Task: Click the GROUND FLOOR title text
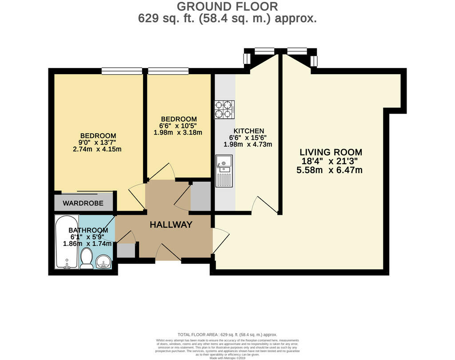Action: tap(227, 7)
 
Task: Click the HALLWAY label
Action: tap(171, 225)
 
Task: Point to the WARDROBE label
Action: tap(83, 203)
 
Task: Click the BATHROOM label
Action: tap(88, 230)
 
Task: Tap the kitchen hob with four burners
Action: tap(224, 110)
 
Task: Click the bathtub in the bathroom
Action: tap(67, 242)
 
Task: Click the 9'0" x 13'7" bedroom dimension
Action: tap(98, 142)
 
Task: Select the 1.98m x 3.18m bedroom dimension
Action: tap(179, 132)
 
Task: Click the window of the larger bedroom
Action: tap(121, 71)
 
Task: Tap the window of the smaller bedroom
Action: tap(168, 71)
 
